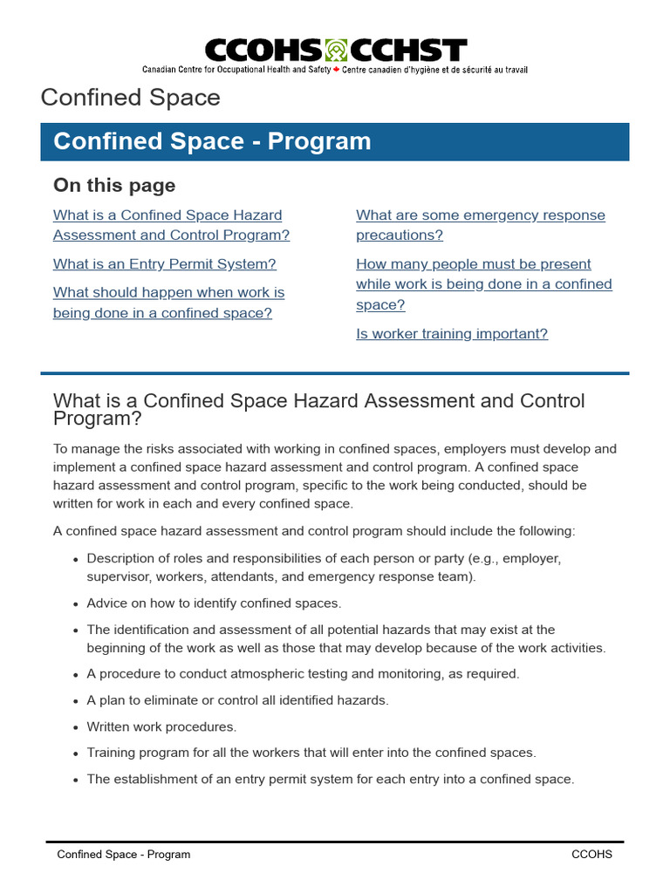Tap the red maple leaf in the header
tap(336, 69)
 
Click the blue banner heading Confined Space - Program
tap(212, 141)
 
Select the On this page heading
tap(114, 185)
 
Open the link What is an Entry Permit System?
tap(164, 263)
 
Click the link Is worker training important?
tap(452, 333)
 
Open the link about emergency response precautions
tap(480, 225)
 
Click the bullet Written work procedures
tap(161, 726)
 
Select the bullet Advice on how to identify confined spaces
tap(214, 603)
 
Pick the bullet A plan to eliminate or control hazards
tap(237, 699)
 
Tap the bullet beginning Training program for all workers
tap(311, 753)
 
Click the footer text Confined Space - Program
tap(123, 855)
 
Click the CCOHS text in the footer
tap(591, 855)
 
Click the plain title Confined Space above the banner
tap(131, 97)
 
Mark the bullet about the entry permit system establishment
tap(330, 779)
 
